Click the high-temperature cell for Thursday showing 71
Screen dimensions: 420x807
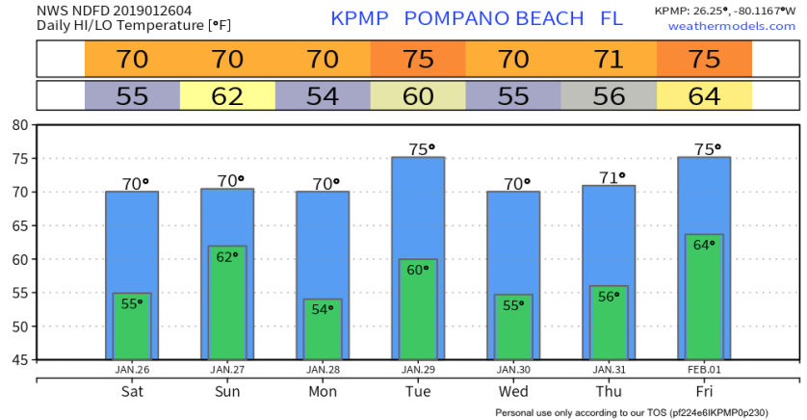[x=609, y=60]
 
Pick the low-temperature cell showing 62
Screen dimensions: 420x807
[x=227, y=96]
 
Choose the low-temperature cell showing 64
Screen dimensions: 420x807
[x=705, y=96]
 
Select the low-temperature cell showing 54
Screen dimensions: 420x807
[x=323, y=96]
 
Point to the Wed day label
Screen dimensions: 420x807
[x=513, y=393]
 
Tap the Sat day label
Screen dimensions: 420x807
[x=132, y=393]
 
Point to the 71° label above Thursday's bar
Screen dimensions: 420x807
[x=610, y=177]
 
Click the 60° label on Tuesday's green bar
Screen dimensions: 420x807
[x=418, y=271]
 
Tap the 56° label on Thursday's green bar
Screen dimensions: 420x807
[x=609, y=297]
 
